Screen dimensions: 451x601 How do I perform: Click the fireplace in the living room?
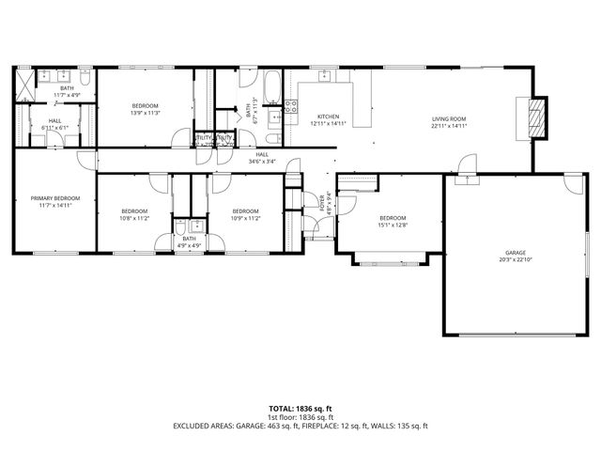point(536,117)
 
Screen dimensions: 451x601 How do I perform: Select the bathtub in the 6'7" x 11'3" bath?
point(270,86)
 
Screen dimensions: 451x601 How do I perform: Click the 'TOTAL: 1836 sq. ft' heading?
point(300,409)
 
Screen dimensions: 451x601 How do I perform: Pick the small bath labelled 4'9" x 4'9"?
point(189,241)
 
